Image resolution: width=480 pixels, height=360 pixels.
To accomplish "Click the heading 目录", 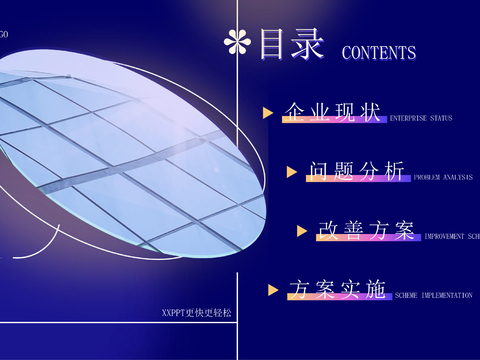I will (x=291, y=45).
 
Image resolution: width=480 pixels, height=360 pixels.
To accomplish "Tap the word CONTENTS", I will (x=379, y=53).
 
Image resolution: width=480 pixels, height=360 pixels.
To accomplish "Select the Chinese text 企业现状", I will (x=332, y=112).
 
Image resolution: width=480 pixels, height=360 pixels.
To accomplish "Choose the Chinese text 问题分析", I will (x=357, y=172).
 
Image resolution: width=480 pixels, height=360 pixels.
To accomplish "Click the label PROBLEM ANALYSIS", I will (x=444, y=177).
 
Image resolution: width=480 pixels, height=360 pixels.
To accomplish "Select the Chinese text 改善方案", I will (x=366, y=231).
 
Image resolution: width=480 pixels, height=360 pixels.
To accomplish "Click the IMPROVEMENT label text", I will (x=452, y=237).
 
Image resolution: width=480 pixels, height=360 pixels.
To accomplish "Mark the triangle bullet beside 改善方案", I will (x=302, y=231).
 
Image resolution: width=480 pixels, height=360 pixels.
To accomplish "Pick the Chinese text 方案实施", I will (x=337, y=290).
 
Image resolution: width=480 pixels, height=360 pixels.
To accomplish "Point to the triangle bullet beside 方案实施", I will (x=272, y=290).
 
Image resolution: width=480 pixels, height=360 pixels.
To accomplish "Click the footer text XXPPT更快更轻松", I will (x=196, y=313).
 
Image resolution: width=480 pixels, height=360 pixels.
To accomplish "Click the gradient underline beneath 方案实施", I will (x=337, y=299).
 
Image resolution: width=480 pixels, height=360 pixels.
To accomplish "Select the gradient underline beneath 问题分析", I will (x=357, y=181).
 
